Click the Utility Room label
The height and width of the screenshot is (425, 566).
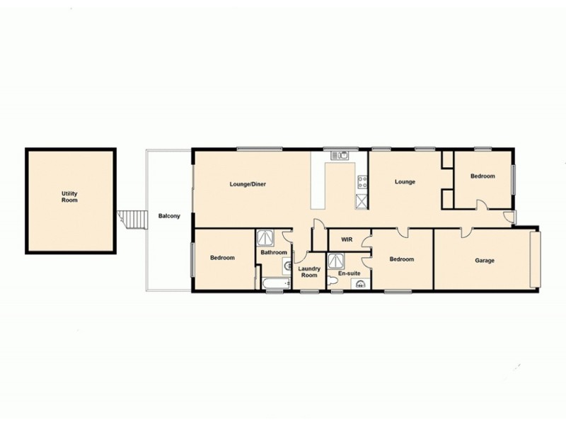coord(69,196)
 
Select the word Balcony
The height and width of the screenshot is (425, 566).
coord(168,216)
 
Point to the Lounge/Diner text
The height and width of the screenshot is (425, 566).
coord(247,184)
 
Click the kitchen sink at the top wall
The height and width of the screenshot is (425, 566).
coord(340,154)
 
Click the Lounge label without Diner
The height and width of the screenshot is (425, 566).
coord(405,182)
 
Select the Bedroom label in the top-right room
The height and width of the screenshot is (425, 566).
coord(483,176)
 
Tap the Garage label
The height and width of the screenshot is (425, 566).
coord(485,261)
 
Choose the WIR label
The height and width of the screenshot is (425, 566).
coord(347,240)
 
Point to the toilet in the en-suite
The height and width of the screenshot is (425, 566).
coord(361,285)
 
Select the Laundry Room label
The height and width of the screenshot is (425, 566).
coord(309,271)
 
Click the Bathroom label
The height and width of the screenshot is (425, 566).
coord(273,253)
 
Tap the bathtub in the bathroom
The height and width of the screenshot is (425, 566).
coord(275,285)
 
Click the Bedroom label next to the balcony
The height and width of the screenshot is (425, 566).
coord(222,258)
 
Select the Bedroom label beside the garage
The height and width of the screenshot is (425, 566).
coord(402,260)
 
